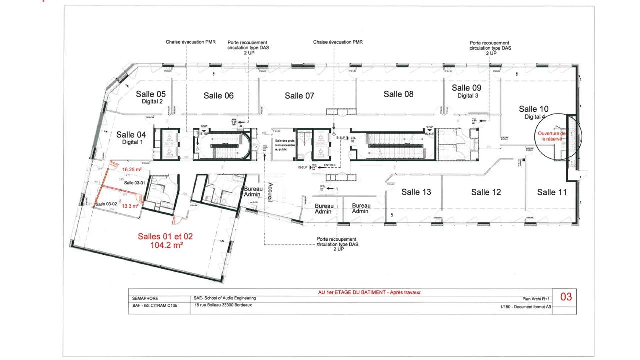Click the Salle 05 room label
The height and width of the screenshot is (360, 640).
click(x=151, y=94)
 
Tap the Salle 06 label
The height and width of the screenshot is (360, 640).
click(x=218, y=96)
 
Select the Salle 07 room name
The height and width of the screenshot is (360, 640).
click(x=299, y=96)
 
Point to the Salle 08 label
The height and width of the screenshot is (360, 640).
click(x=398, y=94)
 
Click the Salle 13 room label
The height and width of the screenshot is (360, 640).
click(x=416, y=192)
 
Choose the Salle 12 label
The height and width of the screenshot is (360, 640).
click(x=486, y=192)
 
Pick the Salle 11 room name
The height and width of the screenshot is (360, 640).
click(x=552, y=192)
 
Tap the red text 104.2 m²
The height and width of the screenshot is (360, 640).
click(x=165, y=245)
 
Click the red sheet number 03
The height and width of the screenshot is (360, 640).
click(x=566, y=297)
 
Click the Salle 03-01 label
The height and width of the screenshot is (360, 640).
click(x=134, y=183)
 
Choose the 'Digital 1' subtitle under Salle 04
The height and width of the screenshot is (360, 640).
click(x=132, y=142)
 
